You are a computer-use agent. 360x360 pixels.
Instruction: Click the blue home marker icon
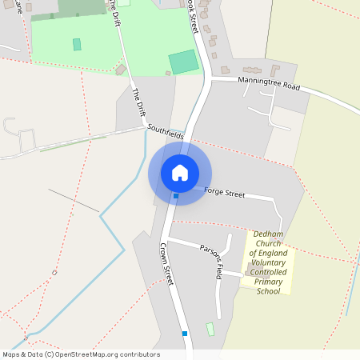point(180,173)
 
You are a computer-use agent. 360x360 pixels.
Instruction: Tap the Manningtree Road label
point(266,82)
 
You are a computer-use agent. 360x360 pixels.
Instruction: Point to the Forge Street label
point(225,193)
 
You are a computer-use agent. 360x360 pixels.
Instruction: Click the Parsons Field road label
point(218,260)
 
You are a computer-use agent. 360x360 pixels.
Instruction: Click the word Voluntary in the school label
point(269,263)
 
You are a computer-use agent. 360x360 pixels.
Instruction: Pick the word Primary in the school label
point(269,282)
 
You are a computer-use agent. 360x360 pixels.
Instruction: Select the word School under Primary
point(268,291)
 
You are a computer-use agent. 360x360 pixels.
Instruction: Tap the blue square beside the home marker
point(176,196)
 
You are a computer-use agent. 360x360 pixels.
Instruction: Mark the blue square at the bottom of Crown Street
point(185,334)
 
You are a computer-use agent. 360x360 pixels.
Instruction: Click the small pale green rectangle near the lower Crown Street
point(210,329)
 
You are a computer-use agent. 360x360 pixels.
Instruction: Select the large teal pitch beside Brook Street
point(184,62)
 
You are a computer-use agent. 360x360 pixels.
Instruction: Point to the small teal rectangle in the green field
point(77,45)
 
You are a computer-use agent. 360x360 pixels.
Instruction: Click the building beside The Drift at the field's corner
point(120,70)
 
